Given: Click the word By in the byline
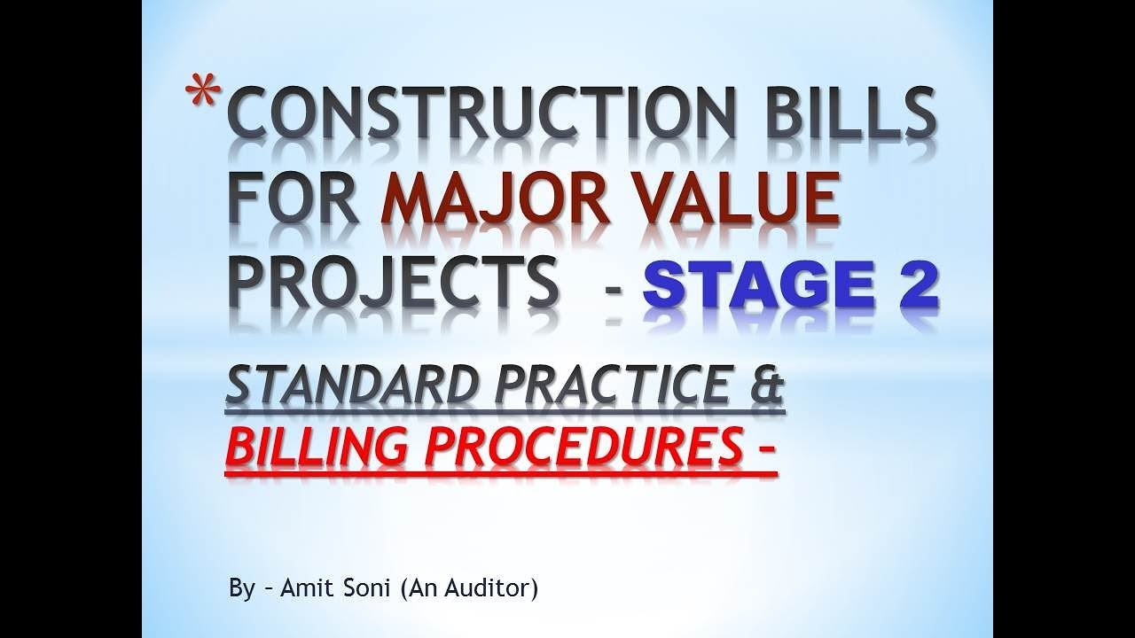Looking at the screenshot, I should (241, 589).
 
